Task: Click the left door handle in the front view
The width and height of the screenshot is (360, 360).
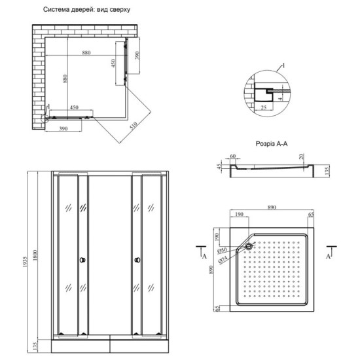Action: (x=81, y=261)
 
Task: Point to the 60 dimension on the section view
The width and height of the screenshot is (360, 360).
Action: (x=233, y=157)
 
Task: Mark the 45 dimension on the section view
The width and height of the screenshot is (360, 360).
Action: (x=221, y=166)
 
